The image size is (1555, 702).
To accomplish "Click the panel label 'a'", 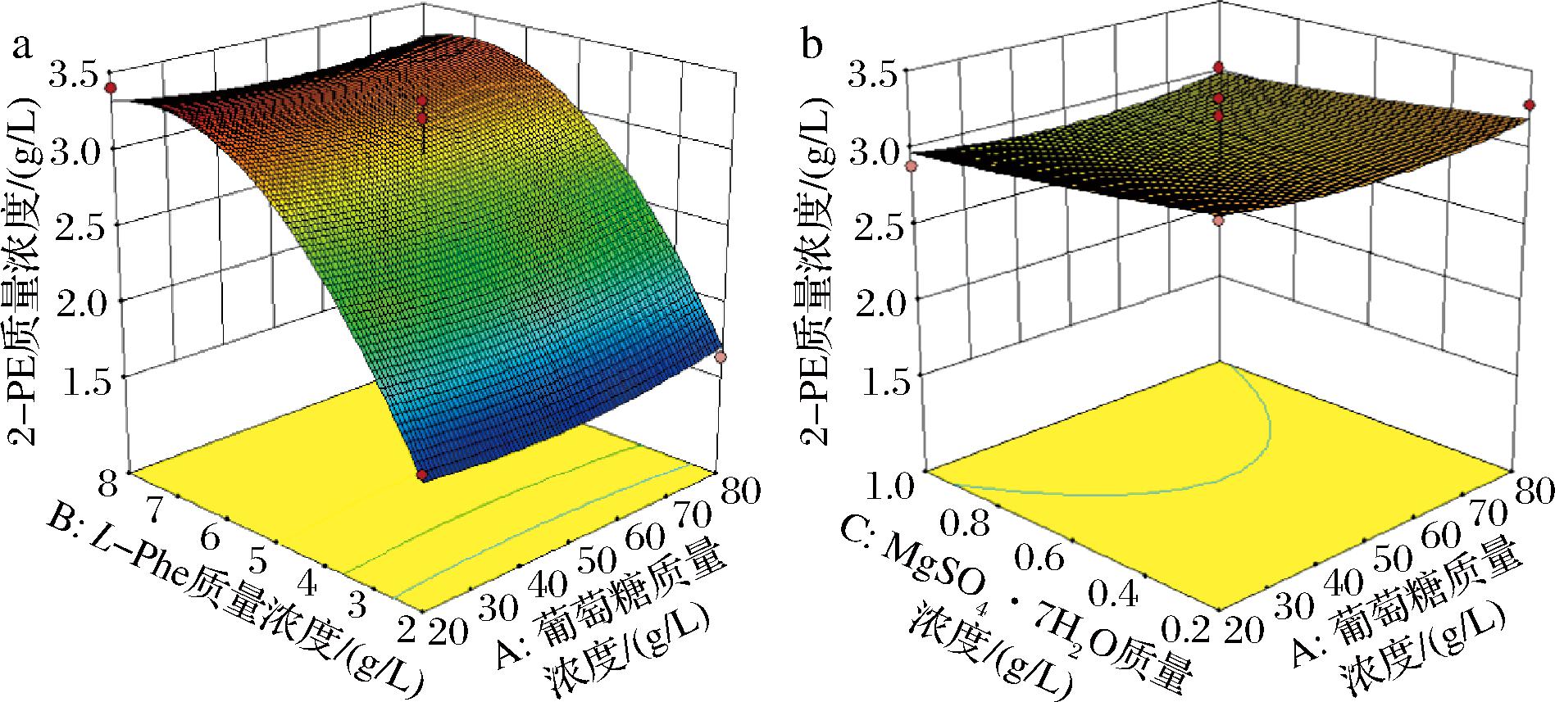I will coord(23,47).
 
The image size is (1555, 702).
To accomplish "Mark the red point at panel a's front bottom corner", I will coord(422,475).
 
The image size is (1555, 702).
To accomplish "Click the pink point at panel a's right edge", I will coord(721,357).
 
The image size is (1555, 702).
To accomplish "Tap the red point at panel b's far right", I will coord(1529,105).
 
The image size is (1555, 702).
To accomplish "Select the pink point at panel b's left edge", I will coord(910,167).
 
